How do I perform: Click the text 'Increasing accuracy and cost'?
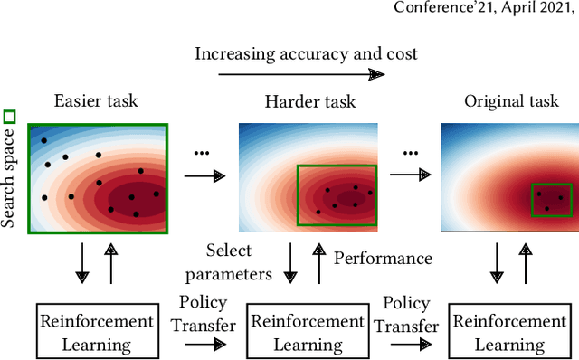click(x=306, y=53)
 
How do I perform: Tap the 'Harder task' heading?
click(x=304, y=102)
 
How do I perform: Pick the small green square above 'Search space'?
click(x=10, y=116)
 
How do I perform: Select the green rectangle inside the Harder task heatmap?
click(x=337, y=194)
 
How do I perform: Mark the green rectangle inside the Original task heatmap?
click(x=553, y=198)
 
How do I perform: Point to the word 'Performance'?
click(x=383, y=259)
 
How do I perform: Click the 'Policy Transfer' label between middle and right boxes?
click(x=405, y=312)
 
